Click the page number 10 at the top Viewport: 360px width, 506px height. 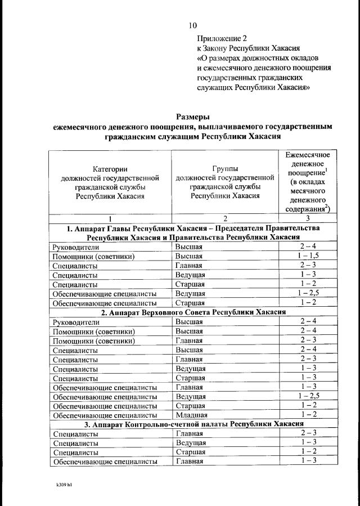(193, 25)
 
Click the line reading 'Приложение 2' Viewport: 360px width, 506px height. (222, 39)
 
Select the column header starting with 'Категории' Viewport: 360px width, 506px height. (110, 182)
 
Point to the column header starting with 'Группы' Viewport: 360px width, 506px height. (225, 182)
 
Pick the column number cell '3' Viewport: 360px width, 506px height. (307, 218)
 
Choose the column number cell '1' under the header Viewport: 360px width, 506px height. (110, 218)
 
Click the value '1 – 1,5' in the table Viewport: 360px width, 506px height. (307, 256)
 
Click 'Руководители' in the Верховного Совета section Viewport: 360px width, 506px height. (75, 322)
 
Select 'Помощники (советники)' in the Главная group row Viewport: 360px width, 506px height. (93, 341)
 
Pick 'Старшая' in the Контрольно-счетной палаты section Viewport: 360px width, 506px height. (190, 452)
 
